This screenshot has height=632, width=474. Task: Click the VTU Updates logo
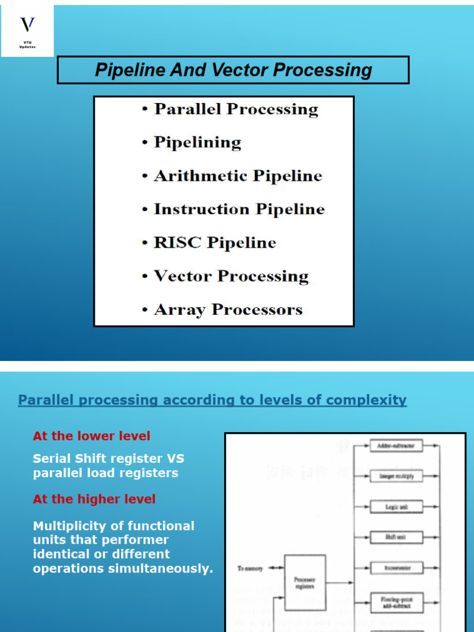pyautogui.click(x=28, y=31)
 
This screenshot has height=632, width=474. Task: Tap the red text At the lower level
pyautogui.click(x=91, y=436)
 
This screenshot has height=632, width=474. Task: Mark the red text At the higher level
pyautogui.click(x=94, y=499)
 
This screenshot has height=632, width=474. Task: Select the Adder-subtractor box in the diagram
pyautogui.click(x=396, y=444)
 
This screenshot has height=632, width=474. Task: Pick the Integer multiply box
pyautogui.click(x=396, y=476)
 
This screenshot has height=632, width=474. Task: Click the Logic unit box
pyautogui.click(x=396, y=507)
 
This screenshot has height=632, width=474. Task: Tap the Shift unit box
pyautogui.click(x=396, y=537)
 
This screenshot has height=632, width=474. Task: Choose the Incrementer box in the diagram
pyautogui.click(x=396, y=567)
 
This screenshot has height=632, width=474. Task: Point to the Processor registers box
pyautogui.click(x=305, y=583)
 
